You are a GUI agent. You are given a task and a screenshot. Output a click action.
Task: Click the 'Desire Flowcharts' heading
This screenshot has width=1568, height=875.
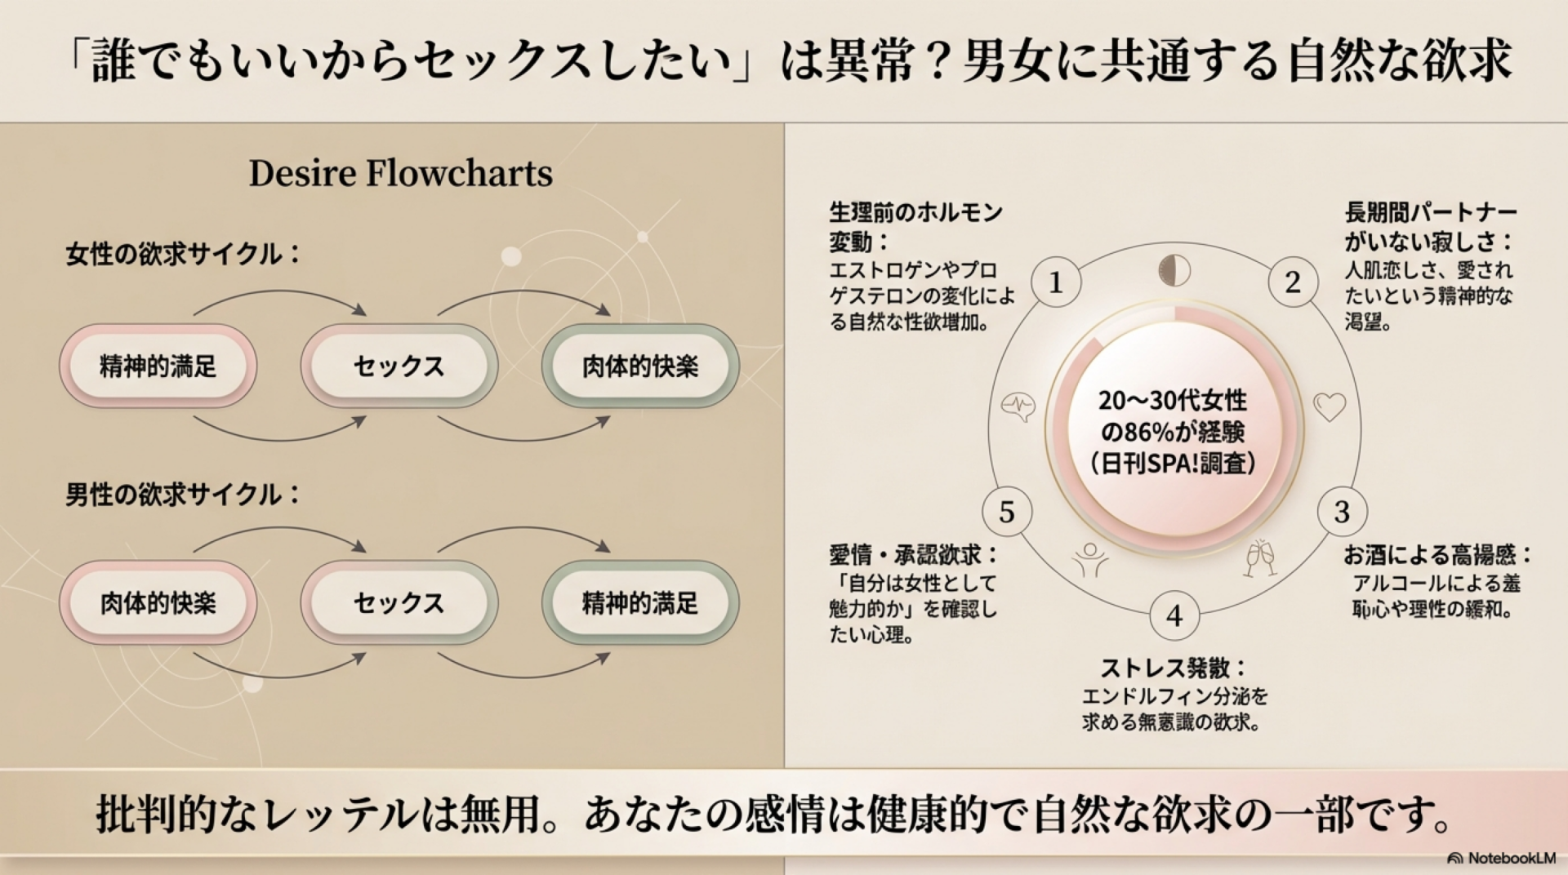400,173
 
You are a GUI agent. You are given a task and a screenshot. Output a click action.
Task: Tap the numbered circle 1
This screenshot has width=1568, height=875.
1055,282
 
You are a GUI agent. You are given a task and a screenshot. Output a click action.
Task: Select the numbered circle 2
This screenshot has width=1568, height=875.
1292,282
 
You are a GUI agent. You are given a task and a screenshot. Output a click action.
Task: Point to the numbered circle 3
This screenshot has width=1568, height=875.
1341,512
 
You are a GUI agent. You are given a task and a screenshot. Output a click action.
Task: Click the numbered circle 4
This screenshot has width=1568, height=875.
1174,615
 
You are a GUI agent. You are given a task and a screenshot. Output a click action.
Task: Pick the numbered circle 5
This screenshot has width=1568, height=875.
1006,512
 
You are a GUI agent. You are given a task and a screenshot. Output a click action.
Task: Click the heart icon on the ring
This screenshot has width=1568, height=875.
1329,406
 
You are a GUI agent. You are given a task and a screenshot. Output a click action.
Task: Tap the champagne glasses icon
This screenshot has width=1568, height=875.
1259,557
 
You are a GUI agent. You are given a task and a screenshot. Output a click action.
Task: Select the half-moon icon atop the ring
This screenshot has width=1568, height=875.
1174,271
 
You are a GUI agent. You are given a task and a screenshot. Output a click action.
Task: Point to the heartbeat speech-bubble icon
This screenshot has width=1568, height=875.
1018,406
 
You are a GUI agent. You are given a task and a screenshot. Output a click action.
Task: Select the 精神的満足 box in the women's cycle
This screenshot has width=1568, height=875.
158,366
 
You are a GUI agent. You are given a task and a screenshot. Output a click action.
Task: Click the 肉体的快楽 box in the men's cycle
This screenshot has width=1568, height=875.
158,603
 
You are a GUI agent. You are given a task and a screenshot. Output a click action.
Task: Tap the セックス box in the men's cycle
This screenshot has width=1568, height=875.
399,603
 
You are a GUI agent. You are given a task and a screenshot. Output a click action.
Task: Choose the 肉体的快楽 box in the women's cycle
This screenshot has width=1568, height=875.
640,366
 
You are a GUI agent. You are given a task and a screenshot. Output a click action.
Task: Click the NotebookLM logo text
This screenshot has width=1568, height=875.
1511,858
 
